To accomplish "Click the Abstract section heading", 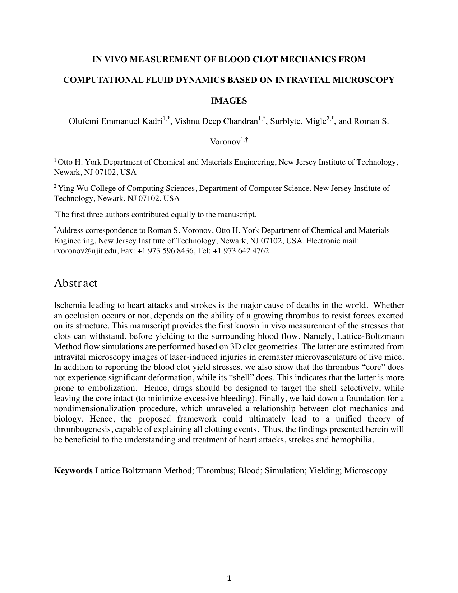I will [75, 283].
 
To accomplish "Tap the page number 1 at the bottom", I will [229, 578].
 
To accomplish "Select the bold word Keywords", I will [73, 471].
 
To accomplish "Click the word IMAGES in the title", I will [229, 101].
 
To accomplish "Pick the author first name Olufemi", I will [83, 121].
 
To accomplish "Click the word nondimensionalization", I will [94, 409].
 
